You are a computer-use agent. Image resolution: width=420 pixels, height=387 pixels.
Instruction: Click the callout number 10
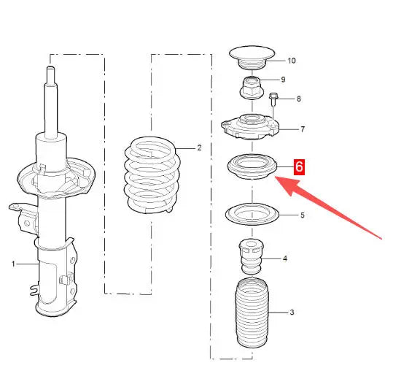coord(292,61)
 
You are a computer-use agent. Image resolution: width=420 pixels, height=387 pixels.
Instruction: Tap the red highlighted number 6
coord(299,166)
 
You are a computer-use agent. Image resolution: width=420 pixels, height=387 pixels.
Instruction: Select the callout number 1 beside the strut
coord(13,264)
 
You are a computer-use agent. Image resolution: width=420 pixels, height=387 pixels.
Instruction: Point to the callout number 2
coord(199,147)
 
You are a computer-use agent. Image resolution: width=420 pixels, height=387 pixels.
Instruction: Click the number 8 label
coord(299,99)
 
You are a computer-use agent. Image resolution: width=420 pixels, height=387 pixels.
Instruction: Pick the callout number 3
coord(292,313)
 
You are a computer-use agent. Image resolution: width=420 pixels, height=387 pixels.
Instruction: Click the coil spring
coord(152,175)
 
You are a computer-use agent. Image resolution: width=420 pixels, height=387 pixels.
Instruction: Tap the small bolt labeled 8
coord(273,99)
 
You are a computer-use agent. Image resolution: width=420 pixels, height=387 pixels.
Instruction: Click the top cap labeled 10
coord(252,58)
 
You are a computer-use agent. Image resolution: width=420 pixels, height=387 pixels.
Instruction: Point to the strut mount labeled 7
coord(250,126)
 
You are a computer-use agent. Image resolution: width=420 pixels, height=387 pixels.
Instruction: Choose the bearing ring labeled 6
coord(252,166)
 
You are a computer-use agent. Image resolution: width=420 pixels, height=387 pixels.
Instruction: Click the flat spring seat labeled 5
coord(252,215)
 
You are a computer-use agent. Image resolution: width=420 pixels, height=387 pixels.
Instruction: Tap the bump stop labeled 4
coord(251,256)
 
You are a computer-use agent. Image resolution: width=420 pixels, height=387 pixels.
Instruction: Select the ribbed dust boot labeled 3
coord(252,313)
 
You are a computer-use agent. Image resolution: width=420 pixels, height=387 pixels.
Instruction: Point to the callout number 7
coord(303,129)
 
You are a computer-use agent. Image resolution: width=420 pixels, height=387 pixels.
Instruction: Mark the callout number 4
coord(284,258)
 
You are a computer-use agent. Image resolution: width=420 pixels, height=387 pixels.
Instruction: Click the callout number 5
coord(303,215)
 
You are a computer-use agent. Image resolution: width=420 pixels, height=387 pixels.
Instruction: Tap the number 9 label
coord(283,80)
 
